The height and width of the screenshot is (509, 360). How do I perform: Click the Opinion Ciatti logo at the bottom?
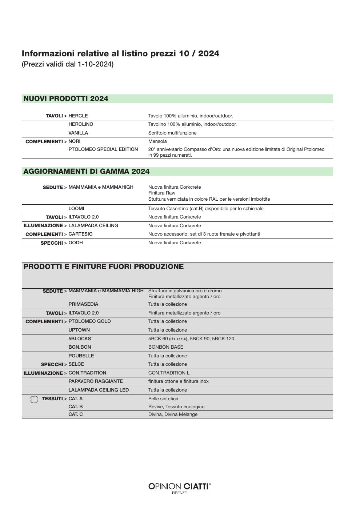point(180,488)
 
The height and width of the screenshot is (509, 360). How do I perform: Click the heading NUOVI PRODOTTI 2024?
point(66,99)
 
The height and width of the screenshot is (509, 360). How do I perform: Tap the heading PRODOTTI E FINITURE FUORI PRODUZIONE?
point(104,267)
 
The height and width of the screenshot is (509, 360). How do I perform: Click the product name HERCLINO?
point(81,124)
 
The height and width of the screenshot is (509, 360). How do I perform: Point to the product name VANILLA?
point(78,133)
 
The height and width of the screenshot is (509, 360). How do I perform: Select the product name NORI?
point(75,141)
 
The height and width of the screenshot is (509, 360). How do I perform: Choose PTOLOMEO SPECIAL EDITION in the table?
point(103,149)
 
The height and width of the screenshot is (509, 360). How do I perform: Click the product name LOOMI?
point(76,209)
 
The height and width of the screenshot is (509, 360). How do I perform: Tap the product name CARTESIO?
point(80,234)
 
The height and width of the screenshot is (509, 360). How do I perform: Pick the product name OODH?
point(76,243)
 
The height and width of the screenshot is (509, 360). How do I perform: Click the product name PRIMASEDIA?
point(83,304)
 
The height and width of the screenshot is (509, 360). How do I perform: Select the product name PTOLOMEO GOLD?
point(89,321)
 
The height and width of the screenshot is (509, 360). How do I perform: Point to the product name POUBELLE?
point(81,356)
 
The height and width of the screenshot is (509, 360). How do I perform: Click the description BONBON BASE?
point(165,347)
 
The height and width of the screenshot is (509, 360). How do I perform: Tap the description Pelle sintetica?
point(163,399)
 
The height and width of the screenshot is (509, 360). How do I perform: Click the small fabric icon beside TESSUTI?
point(34,400)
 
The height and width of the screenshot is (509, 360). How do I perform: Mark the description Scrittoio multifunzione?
point(172,133)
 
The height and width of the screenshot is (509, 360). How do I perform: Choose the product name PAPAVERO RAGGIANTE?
point(96,381)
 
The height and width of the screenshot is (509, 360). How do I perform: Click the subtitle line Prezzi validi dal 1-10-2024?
point(68,64)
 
